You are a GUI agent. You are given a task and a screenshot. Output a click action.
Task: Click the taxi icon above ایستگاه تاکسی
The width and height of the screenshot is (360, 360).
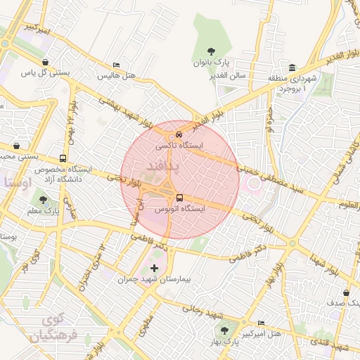click(x=179, y=134)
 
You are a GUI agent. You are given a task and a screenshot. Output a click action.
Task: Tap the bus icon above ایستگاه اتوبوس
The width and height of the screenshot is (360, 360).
click(x=179, y=198)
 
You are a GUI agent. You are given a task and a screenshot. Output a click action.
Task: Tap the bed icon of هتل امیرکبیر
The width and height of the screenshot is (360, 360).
click(x=262, y=323)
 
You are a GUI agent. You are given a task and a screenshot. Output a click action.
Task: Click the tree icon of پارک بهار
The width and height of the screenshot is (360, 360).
click(x=224, y=329)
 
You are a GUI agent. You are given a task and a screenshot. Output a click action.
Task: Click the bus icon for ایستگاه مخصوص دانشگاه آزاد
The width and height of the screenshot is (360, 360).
click(x=64, y=159)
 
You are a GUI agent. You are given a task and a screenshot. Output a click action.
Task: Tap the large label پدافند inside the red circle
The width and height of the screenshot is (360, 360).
click(x=162, y=166)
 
